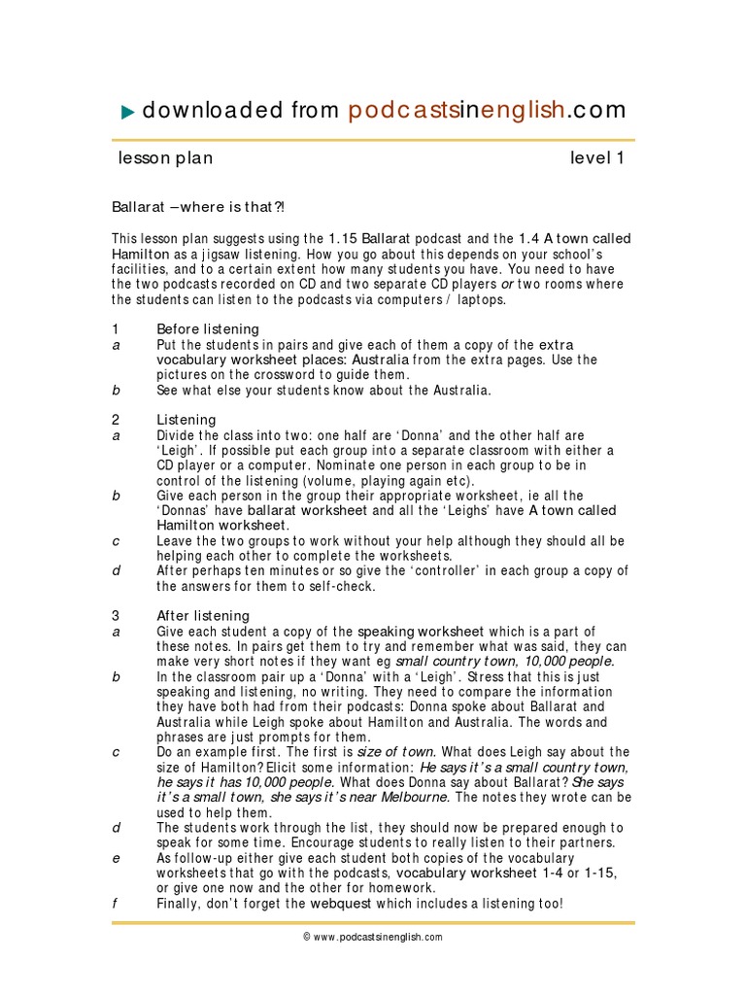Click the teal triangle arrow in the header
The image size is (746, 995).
click(x=128, y=113)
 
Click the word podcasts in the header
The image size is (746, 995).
click(x=397, y=111)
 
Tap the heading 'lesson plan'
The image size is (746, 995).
click(x=165, y=158)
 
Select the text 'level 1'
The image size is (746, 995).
click(x=596, y=158)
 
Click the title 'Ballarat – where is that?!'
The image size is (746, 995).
click(x=199, y=207)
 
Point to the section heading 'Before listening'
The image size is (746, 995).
click(x=208, y=328)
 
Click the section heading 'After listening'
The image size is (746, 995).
click(x=203, y=616)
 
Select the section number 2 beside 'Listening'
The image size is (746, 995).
click(x=115, y=420)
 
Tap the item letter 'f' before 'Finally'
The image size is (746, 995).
click(x=115, y=904)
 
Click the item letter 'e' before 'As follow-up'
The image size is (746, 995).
click(x=115, y=859)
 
